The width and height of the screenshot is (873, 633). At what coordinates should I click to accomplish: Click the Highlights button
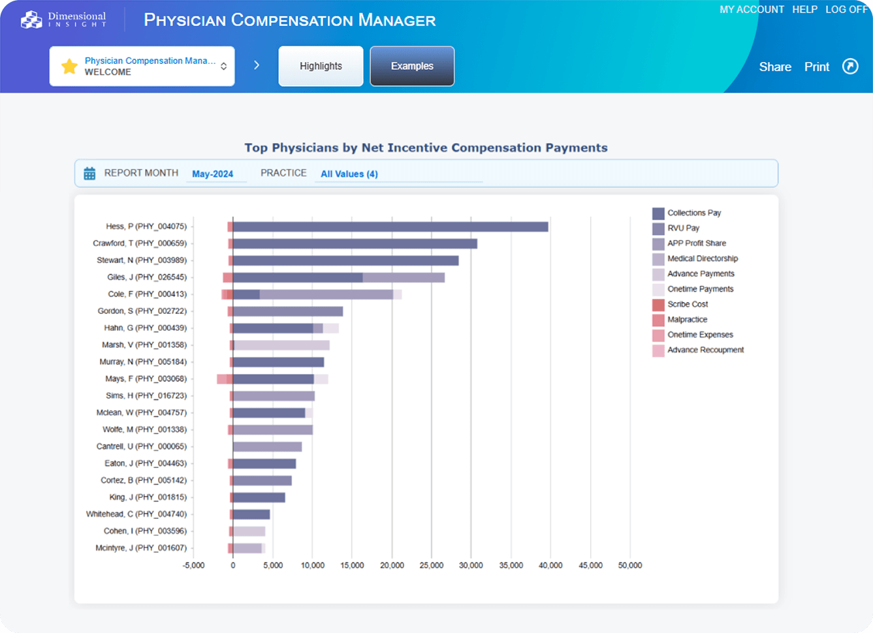(321, 66)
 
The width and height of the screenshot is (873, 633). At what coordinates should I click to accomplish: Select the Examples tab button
(412, 66)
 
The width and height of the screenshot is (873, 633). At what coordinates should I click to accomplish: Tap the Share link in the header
(774, 67)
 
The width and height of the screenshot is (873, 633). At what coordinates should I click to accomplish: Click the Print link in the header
(816, 67)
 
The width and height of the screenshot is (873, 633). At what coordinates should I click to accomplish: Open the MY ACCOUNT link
(752, 10)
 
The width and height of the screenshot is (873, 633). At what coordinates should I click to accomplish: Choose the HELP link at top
(804, 10)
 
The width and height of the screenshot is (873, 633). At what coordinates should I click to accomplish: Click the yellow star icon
(69, 66)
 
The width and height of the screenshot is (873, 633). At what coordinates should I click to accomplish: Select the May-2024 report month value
(212, 174)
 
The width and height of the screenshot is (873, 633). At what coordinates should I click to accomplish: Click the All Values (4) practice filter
(349, 174)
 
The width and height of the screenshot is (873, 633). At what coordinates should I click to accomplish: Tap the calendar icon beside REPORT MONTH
(89, 174)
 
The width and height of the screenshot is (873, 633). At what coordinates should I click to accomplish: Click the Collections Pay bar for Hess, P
(390, 226)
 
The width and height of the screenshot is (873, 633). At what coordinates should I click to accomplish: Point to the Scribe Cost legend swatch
(658, 305)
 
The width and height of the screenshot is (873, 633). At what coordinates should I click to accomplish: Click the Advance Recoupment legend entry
(705, 350)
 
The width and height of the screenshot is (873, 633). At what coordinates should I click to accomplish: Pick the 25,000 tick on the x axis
(431, 565)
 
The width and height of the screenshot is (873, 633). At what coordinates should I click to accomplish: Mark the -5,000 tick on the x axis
(193, 565)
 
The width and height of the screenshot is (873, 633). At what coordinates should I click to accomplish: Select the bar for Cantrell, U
(267, 447)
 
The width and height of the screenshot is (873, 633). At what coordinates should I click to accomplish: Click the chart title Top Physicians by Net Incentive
(426, 147)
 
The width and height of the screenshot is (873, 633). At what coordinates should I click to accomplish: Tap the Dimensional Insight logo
(63, 20)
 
